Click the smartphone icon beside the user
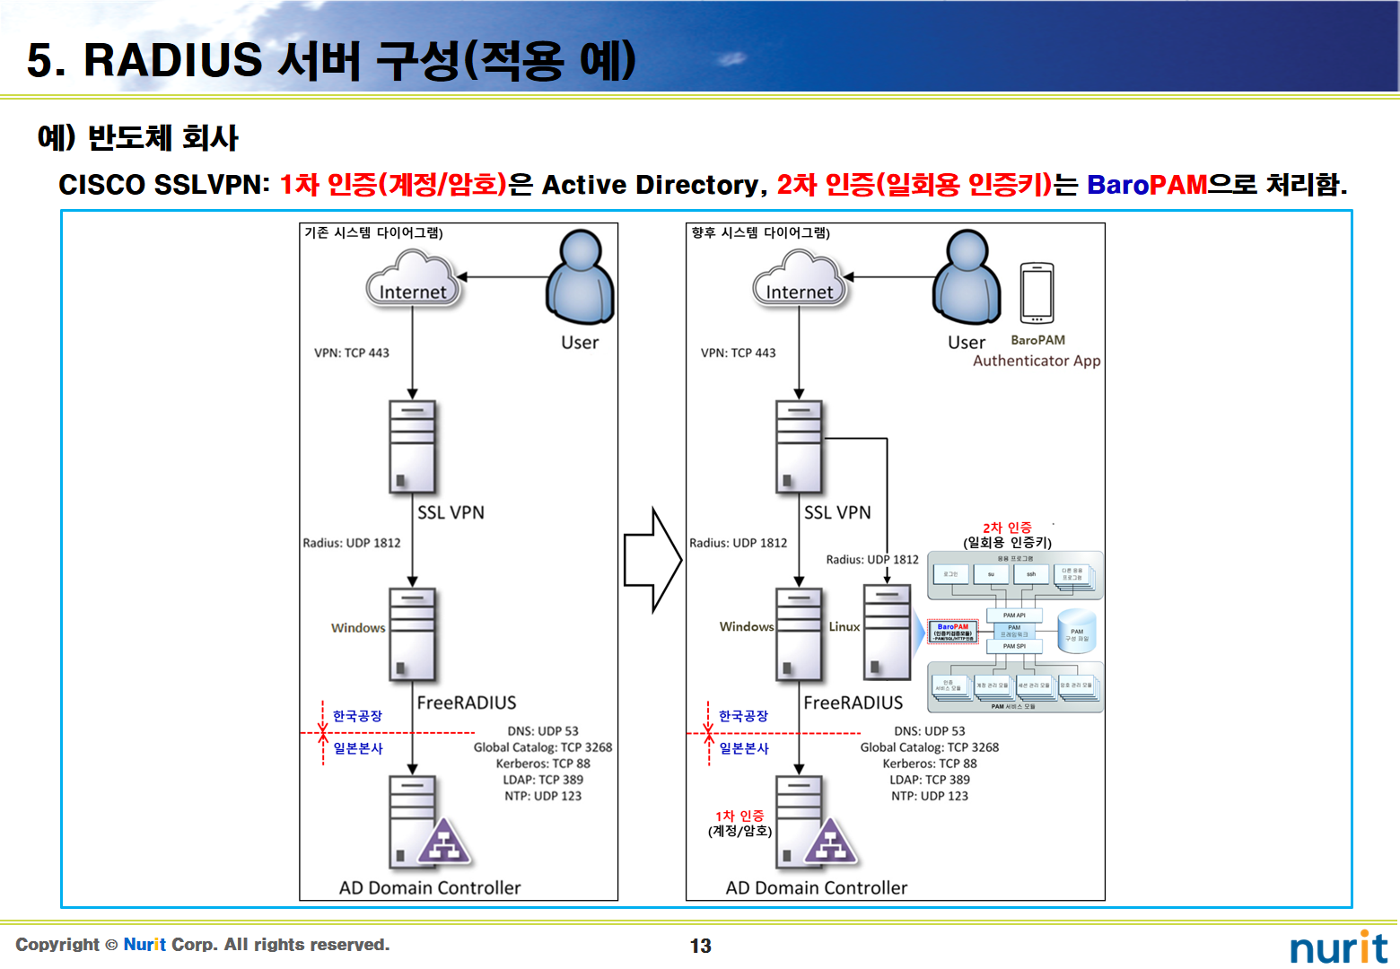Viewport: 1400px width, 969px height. tap(1037, 293)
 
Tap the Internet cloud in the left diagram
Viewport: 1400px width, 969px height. tap(413, 281)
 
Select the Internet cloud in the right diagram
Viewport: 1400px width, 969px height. tap(800, 281)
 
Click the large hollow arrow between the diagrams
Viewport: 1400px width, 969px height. tap(653, 560)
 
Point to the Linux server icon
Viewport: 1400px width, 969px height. tap(887, 632)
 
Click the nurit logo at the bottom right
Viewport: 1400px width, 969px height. tap(1338, 947)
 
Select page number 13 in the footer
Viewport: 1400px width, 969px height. tap(700, 946)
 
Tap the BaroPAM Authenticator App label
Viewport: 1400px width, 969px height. tap(1037, 352)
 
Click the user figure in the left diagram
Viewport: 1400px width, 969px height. tap(580, 278)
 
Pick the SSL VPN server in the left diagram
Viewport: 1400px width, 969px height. tap(412, 446)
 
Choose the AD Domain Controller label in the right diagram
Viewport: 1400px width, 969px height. tap(816, 887)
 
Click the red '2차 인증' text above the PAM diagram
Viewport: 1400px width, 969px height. tap(1007, 528)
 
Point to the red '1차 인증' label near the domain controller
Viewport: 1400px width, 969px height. tap(739, 816)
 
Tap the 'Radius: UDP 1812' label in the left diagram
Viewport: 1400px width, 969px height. tap(351, 543)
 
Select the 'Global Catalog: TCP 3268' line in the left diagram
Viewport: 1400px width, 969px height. tap(543, 747)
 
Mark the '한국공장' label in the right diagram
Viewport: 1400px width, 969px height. tap(743, 716)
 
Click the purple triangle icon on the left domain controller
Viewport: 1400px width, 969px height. tap(442, 843)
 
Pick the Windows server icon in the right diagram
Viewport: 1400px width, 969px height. tap(799, 633)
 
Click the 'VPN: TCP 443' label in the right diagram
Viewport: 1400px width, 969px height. tap(738, 353)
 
